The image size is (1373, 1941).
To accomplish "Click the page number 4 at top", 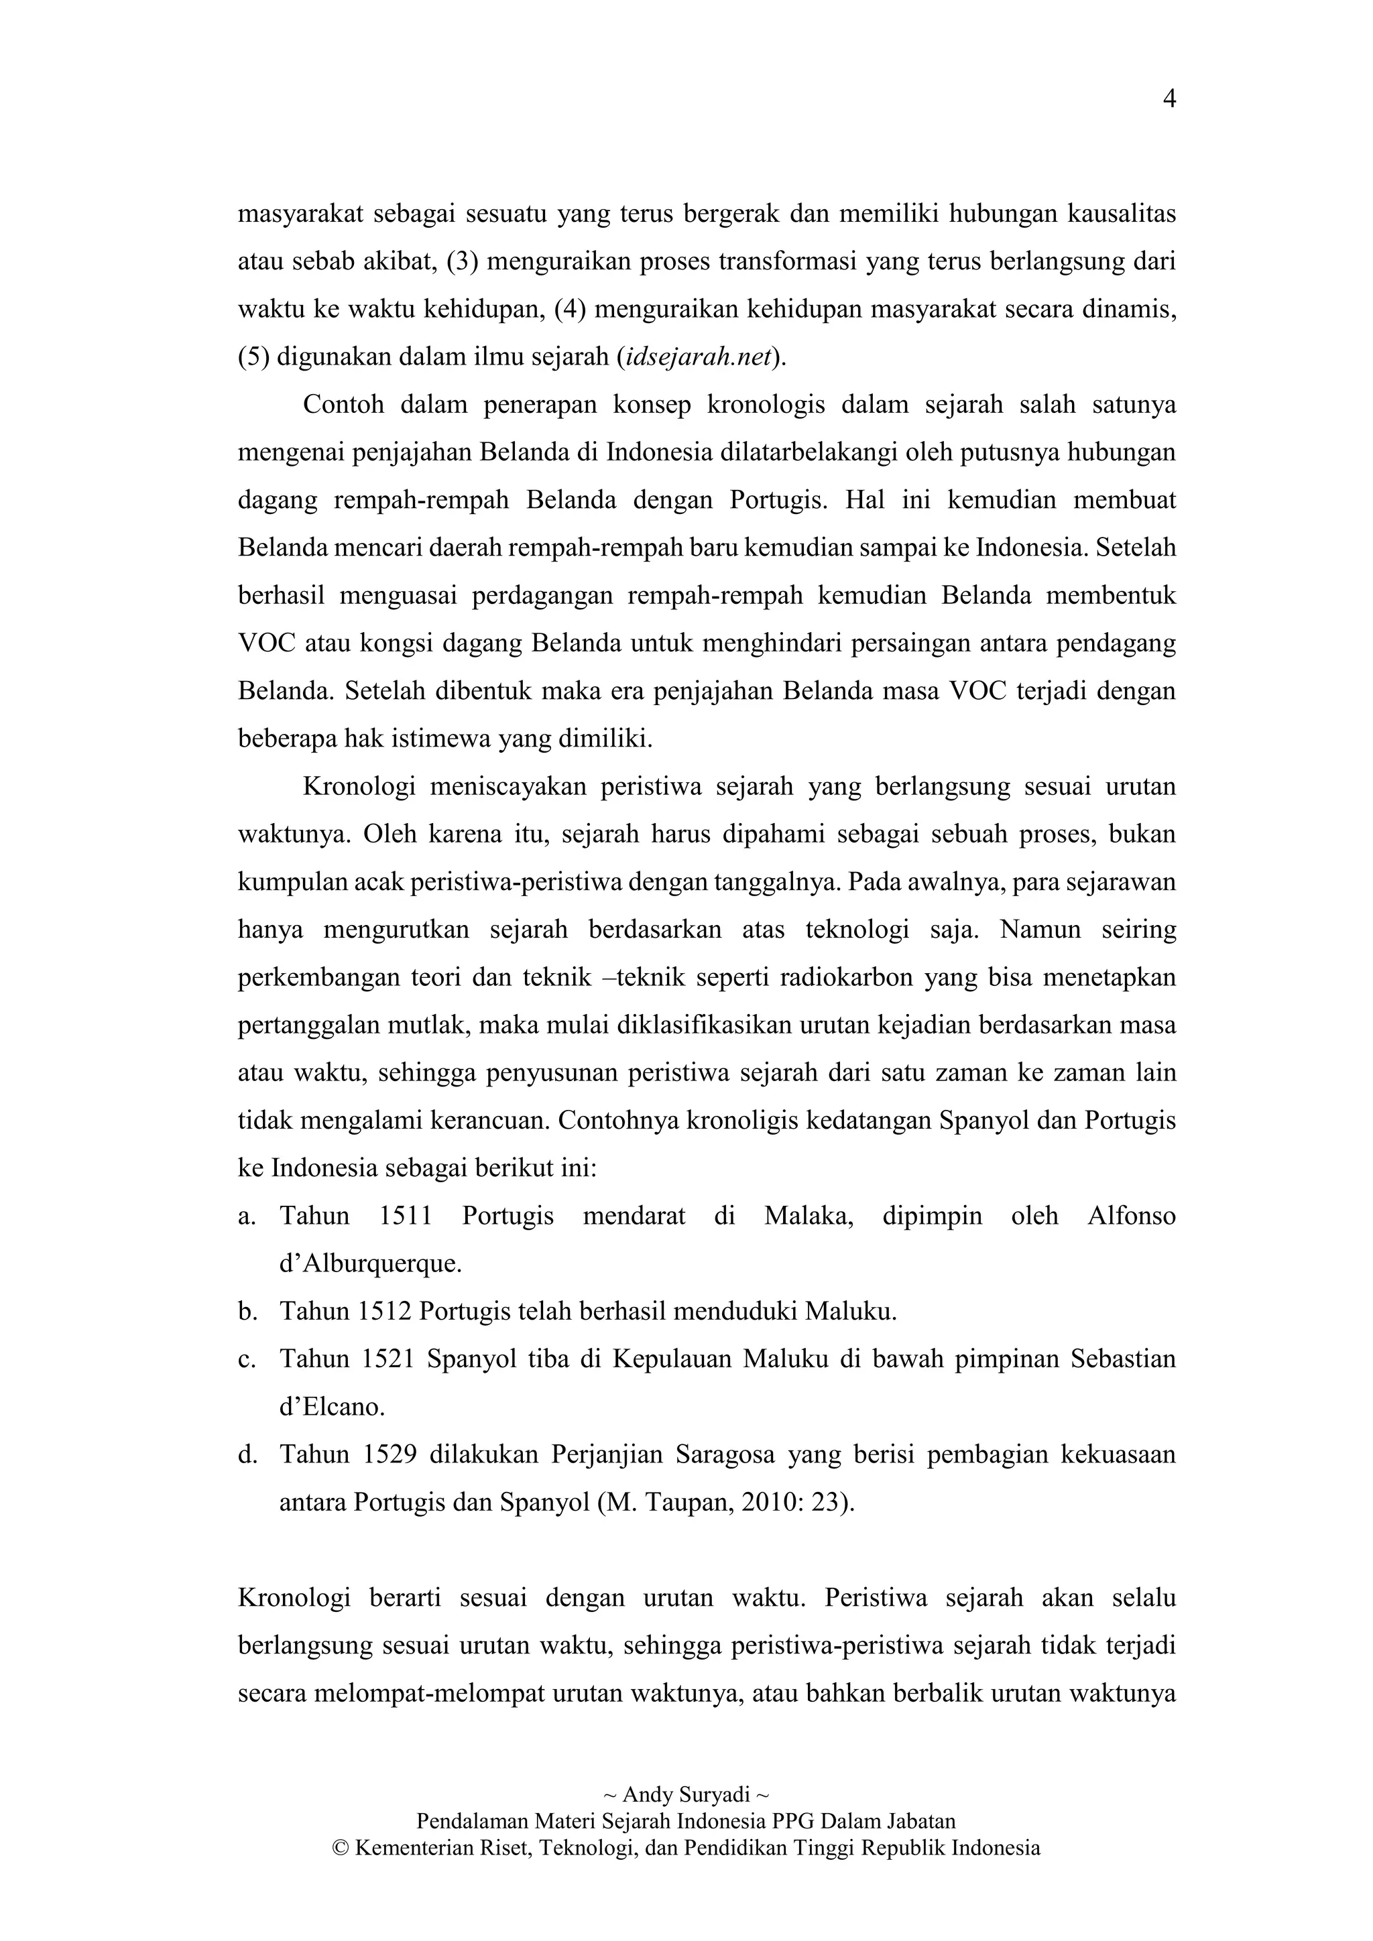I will coord(1169,100).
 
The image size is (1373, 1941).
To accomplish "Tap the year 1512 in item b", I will coord(385,1312).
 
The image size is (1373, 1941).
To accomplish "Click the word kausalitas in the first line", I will coord(1121,214).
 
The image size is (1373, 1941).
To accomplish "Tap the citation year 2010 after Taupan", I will coord(770,1503).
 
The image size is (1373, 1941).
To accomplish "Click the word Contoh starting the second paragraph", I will coord(343,405).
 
